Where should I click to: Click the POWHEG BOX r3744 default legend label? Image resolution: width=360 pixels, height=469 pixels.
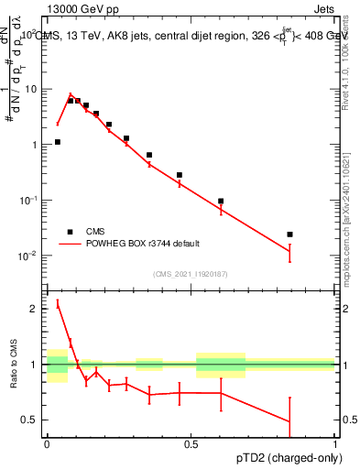coord(150,244)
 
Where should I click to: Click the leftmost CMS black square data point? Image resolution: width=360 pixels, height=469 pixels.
coord(57,142)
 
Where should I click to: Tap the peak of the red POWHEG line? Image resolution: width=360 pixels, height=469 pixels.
coord(71,93)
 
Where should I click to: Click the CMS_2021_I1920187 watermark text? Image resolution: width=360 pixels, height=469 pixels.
coord(190,273)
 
